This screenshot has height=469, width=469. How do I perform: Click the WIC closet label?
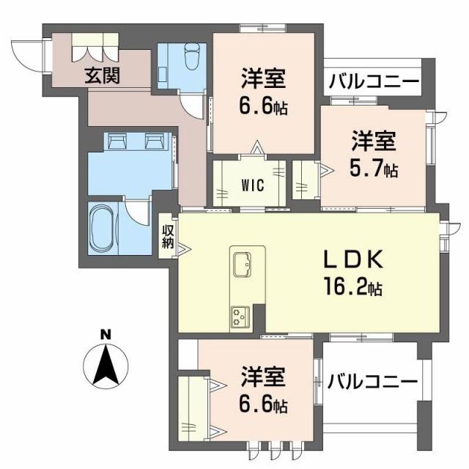point(251,184)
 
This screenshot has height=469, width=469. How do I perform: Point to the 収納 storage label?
point(169,234)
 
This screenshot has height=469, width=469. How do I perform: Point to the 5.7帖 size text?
point(374,169)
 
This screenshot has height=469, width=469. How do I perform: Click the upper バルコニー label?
point(373,81)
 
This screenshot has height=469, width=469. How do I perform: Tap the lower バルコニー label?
point(372,381)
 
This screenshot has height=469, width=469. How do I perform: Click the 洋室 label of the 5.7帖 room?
point(373,140)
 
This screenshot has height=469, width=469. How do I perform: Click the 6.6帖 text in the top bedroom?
point(263,107)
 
